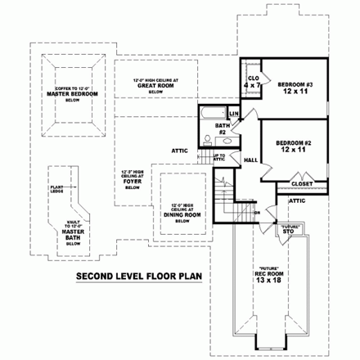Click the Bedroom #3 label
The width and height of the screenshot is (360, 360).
[x=292, y=84]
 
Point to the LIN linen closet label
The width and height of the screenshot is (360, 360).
[x=233, y=113]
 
